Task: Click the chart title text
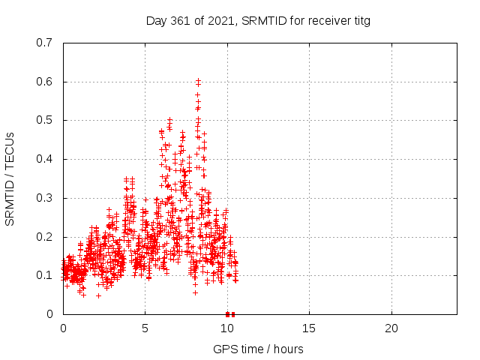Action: tap(258, 21)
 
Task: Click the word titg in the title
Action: tap(362, 22)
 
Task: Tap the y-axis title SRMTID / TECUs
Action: tap(10, 179)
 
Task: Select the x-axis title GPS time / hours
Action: tap(258, 349)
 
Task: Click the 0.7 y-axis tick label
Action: tap(44, 43)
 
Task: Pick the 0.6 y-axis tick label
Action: tap(44, 82)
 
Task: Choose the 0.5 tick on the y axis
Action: tap(44, 120)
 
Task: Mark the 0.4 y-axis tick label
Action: tap(44, 159)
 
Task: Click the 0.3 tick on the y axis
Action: tap(44, 198)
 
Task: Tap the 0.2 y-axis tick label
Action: tap(44, 237)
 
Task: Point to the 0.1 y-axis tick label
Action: tap(44, 275)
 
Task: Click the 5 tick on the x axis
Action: tap(145, 328)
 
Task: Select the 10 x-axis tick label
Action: tap(227, 328)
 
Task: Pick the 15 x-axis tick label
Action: tap(309, 328)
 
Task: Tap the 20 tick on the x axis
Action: tap(391, 328)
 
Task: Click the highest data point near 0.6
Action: tap(198, 80)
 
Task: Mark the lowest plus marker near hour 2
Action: tap(98, 295)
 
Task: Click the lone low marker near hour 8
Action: tap(195, 293)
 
